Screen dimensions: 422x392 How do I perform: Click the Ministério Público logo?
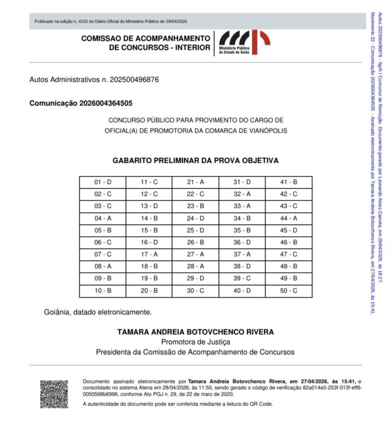[x=243, y=43]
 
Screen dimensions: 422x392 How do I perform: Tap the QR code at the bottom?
[x=54, y=394]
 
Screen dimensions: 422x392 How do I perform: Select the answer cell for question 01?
[x=103, y=182]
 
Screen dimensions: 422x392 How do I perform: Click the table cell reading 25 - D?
[x=195, y=230]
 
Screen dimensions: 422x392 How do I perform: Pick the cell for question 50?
[x=288, y=291]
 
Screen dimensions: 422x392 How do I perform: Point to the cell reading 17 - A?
[x=149, y=254]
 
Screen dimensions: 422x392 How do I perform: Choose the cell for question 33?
[x=242, y=206]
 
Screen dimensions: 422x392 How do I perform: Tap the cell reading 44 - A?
[x=288, y=218]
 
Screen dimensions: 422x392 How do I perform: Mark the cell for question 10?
[x=103, y=291]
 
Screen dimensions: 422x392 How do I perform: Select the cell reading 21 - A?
[x=195, y=182]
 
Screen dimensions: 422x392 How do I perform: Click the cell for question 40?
[x=242, y=291]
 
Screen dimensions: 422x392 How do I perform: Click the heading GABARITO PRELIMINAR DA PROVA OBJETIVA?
[x=195, y=161]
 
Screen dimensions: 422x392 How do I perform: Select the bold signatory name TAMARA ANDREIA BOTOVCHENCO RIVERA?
[x=195, y=331]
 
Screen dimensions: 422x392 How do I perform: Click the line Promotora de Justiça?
[x=195, y=342]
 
